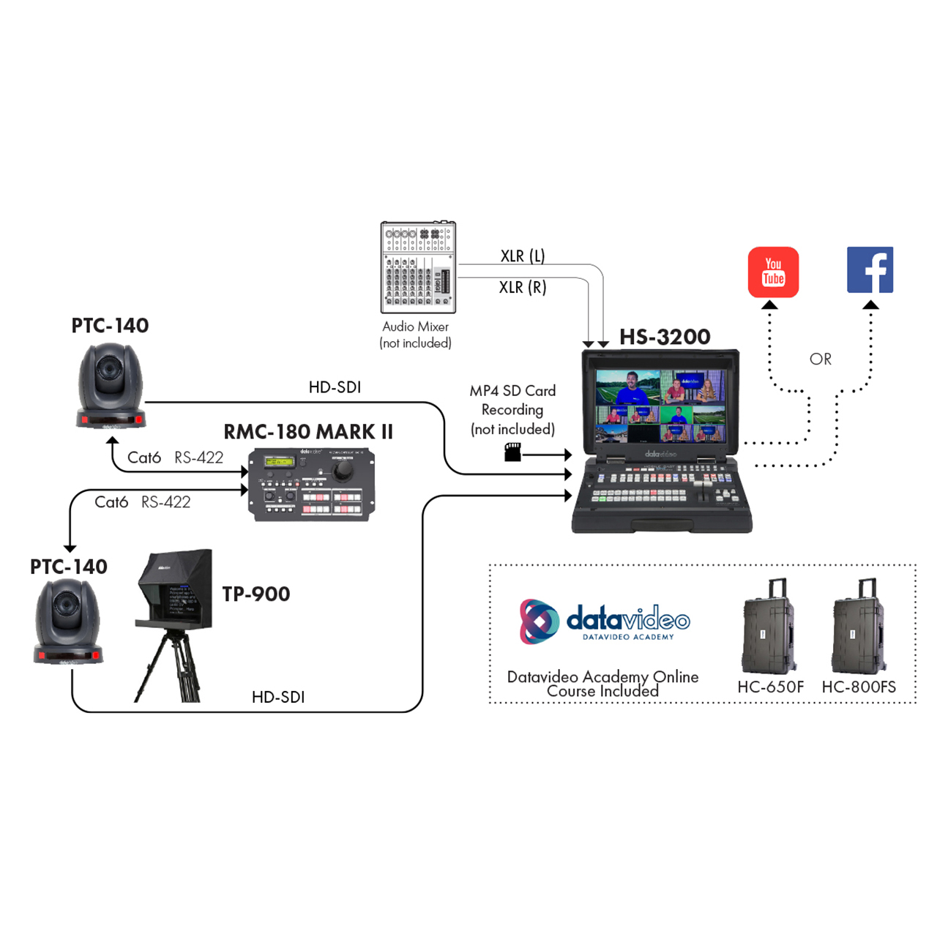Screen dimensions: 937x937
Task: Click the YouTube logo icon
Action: (x=773, y=272)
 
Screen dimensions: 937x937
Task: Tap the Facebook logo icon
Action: (x=870, y=270)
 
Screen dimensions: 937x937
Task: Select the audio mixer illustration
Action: (x=418, y=267)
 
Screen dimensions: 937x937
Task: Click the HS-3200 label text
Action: (x=665, y=337)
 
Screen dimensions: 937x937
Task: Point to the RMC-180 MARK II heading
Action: (x=308, y=432)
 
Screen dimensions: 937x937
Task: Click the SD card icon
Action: (x=512, y=452)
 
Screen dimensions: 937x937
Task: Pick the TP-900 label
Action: (x=256, y=594)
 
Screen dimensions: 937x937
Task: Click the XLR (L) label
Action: (x=523, y=256)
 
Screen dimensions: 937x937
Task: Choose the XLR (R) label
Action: (x=523, y=288)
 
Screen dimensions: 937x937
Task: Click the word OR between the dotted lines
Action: (x=821, y=359)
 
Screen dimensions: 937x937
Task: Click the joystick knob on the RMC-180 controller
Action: (x=342, y=472)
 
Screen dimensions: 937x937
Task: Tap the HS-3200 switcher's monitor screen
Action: (x=660, y=406)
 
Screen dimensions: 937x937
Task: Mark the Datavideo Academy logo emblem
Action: (x=539, y=621)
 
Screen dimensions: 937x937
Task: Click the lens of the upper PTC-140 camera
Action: (x=111, y=369)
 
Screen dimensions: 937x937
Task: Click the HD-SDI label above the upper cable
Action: (x=335, y=387)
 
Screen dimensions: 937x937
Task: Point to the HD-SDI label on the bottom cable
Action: (x=278, y=697)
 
